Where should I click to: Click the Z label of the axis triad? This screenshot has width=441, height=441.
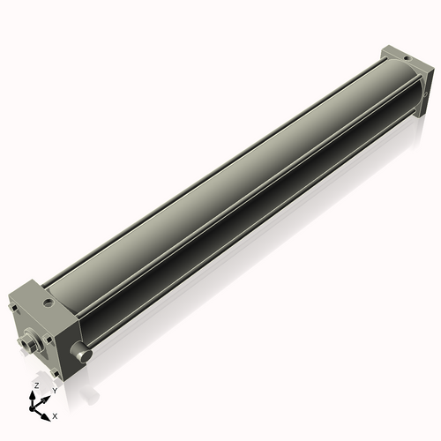35,386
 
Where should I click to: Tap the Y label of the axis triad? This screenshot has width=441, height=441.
54,390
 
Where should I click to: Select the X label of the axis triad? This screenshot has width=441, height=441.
55,414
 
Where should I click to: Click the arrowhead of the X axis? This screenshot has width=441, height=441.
46,411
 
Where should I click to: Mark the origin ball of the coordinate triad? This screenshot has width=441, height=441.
34,408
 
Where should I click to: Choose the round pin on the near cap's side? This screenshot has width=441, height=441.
82,354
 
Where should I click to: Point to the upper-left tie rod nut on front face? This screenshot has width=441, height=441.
14,309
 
